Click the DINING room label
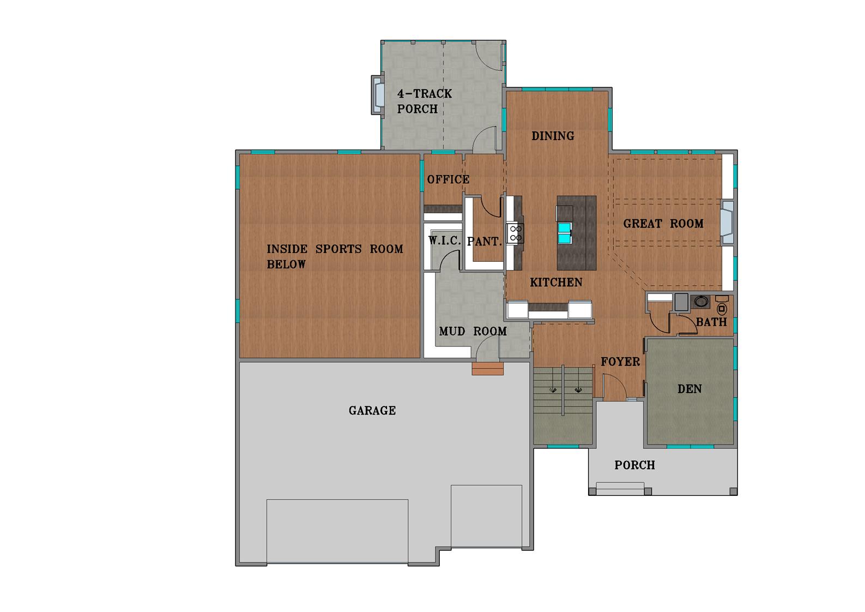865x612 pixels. [x=553, y=136]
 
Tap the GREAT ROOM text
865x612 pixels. [x=663, y=224]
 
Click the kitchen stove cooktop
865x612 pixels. [x=515, y=233]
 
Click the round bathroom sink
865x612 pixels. [x=699, y=302]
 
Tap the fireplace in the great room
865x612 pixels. [x=727, y=223]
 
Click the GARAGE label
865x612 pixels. [x=372, y=411]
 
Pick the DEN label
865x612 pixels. [x=689, y=389]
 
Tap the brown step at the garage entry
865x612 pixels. [x=487, y=369]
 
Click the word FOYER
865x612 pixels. [x=620, y=362]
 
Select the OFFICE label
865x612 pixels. [x=448, y=179]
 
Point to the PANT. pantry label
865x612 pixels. [x=485, y=242]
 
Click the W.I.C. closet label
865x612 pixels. [x=445, y=241]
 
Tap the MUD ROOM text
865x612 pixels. [x=473, y=332]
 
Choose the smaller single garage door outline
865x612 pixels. [x=486, y=515]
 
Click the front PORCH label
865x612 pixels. [x=634, y=465]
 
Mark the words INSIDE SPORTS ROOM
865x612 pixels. [x=335, y=249]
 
